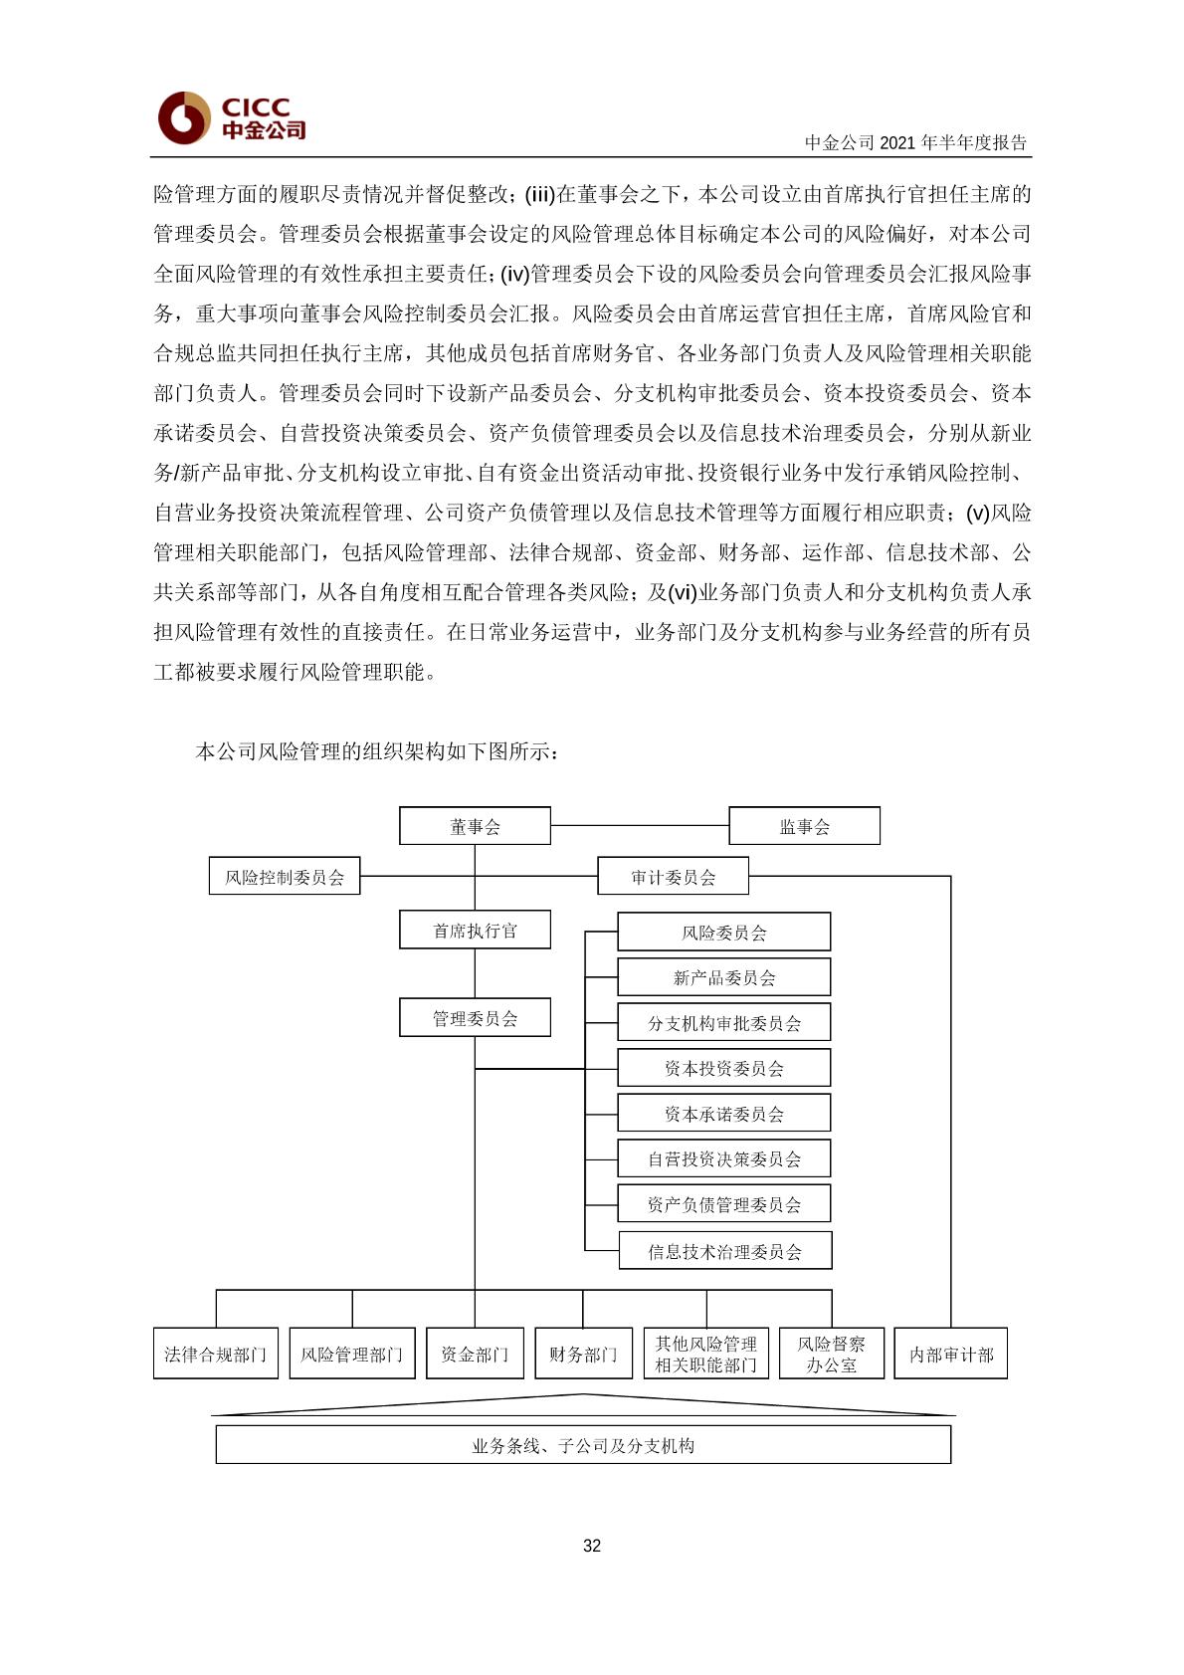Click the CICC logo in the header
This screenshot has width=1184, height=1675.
(x=231, y=117)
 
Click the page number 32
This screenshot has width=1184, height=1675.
(x=592, y=1546)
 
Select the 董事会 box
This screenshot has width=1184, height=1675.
(x=475, y=826)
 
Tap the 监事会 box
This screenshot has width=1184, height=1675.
(x=804, y=826)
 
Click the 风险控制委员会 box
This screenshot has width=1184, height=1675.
(x=285, y=877)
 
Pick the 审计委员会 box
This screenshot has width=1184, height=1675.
(x=673, y=877)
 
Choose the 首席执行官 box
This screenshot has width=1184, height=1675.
(x=475, y=931)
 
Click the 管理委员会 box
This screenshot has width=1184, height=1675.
(x=475, y=1018)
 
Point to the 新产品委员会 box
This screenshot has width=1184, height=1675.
(x=723, y=977)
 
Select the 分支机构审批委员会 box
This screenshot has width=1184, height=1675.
(x=723, y=1023)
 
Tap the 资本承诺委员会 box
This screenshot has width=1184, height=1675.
(x=723, y=1114)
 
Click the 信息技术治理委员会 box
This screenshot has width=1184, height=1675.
(x=724, y=1251)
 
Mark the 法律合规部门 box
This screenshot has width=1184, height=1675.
(x=215, y=1354)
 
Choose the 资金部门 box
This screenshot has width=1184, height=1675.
(x=475, y=1354)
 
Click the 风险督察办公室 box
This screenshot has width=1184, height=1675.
(x=831, y=1354)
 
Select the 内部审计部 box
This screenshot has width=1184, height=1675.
(x=951, y=1354)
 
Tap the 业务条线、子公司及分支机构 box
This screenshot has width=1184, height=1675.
(x=583, y=1445)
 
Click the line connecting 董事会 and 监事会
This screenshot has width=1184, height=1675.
(x=640, y=826)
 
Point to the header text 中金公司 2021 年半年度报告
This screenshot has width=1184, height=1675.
(x=915, y=142)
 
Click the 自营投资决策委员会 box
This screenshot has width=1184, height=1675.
(x=723, y=1159)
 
